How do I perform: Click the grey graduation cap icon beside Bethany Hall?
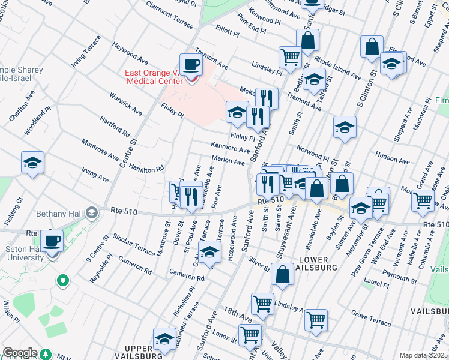click(91, 212)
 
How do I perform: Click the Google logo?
click(19, 353)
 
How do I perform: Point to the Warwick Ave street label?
click(125, 104)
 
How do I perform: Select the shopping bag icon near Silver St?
click(282, 274)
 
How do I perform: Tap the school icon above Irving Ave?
click(33, 163)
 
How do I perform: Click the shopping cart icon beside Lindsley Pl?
click(290, 57)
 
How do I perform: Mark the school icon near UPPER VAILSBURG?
click(164, 339)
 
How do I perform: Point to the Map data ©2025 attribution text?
click(423, 355)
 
